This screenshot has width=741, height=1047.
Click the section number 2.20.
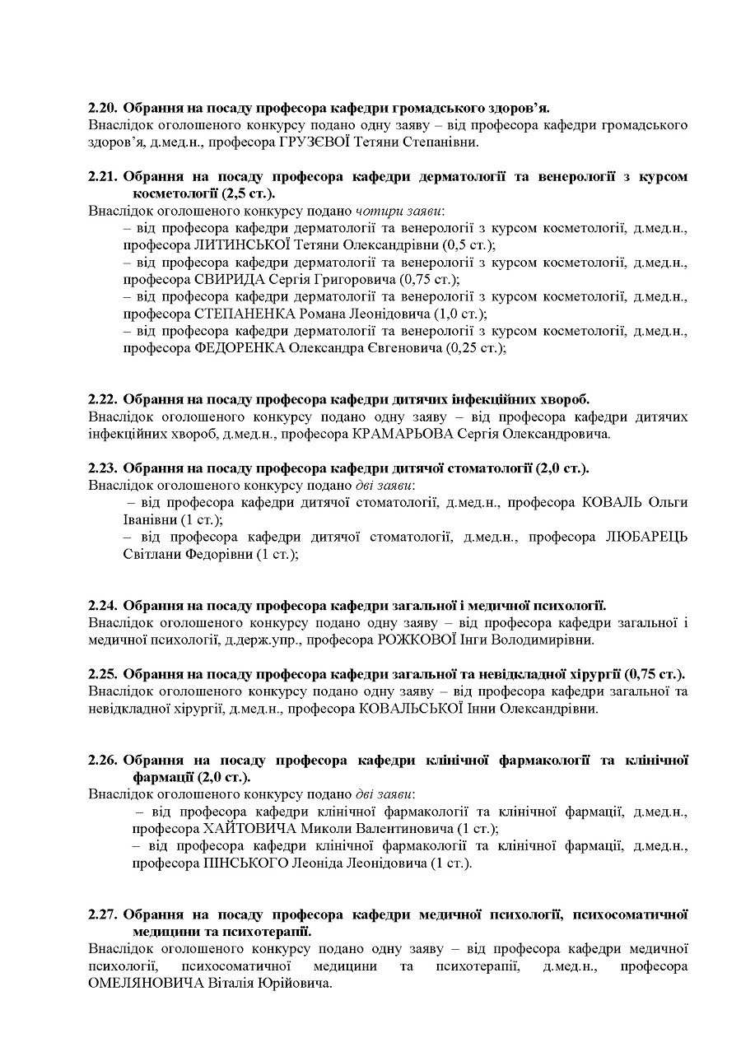pos(103,107)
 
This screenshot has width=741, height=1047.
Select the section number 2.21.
pos(103,177)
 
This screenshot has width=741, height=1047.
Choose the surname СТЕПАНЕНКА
pos(247,314)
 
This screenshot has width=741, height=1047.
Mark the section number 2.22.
pos(103,400)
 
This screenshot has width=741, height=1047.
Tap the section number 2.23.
pos(103,468)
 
